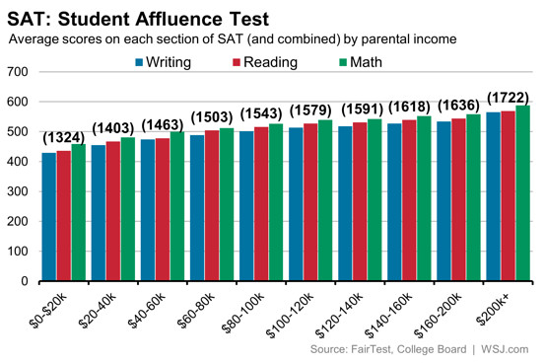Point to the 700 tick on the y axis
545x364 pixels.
(x=17, y=73)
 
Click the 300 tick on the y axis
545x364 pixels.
(x=17, y=192)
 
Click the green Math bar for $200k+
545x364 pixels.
(x=523, y=193)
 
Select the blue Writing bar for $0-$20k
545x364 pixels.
(x=48, y=217)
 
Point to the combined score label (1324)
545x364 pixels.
(x=63, y=135)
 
